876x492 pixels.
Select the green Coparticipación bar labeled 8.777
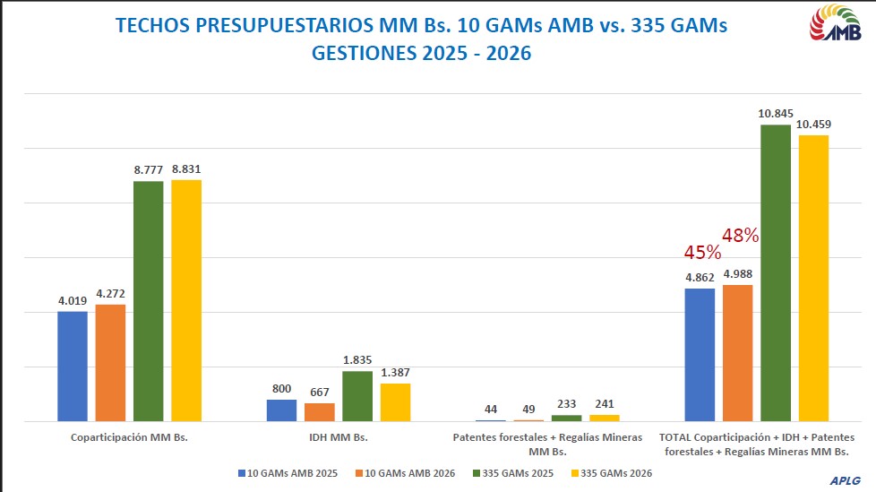pos(149,300)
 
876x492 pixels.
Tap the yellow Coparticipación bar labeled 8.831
pos(186,299)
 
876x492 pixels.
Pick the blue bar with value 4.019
pos(73,366)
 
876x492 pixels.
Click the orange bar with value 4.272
pos(110,362)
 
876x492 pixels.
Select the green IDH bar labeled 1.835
pos(357,395)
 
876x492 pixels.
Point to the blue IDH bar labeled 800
pos(281,410)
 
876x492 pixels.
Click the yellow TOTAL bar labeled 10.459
pos(813,278)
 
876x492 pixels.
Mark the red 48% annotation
pos(741,236)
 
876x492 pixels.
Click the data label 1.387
pos(395,372)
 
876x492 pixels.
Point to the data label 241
pos(605,403)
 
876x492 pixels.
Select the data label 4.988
pos(737,273)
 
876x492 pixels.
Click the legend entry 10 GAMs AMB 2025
pos(288,472)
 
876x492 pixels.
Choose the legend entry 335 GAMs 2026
pos(611,472)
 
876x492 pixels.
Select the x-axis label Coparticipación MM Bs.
pos(129,437)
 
